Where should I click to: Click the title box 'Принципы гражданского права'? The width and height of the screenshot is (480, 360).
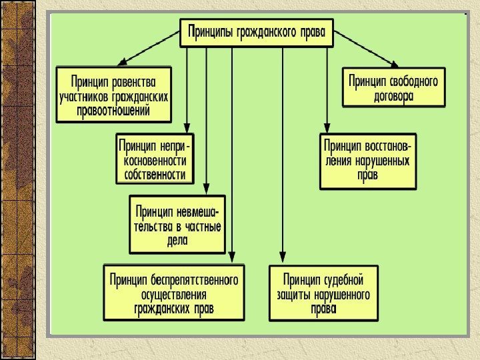click(x=257, y=33)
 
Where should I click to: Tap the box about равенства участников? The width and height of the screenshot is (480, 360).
click(x=113, y=94)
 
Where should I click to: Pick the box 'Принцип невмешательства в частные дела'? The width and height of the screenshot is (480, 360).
click(x=177, y=224)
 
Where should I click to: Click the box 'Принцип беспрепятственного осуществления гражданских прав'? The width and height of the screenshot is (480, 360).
click(x=175, y=292)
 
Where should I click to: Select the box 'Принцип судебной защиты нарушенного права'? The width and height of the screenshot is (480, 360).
click(x=323, y=293)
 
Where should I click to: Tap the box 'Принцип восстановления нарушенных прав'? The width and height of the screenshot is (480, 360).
click(x=367, y=161)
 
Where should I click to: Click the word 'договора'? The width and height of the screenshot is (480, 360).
click(x=393, y=96)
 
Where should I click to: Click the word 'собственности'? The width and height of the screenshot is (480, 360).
click(x=155, y=175)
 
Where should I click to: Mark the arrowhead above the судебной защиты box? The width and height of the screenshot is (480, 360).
click(x=283, y=259)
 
